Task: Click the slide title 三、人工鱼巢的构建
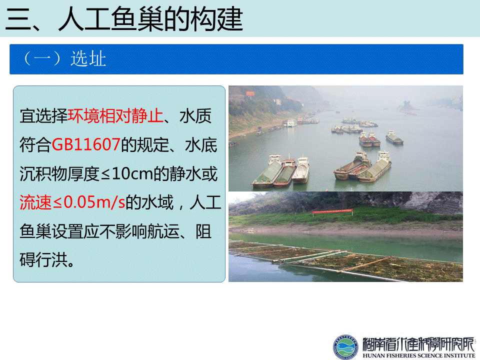pyautogui.click(x=124, y=19)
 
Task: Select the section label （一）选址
pyautogui.click(x=65, y=58)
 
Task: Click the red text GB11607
pyautogui.click(x=86, y=144)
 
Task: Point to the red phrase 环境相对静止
pyautogui.click(x=115, y=115)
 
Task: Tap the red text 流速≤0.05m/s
pyautogui.click(x=72, y=202)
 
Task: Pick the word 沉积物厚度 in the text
pyautogui.click(x=59, y=173)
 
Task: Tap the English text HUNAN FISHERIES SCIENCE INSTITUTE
pyautogui.click(x=419, y=355)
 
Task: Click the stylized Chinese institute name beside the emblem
pyautogui.click(x=418, y=344)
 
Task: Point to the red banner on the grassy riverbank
pyautogui.click(x=332, y=211)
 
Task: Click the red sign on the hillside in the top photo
pyautogui.click(x=250, y=93)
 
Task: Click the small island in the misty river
pyautogui.click(x=407, y=106)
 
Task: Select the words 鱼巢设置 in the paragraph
pyautogui.click(x=51, y=231)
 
